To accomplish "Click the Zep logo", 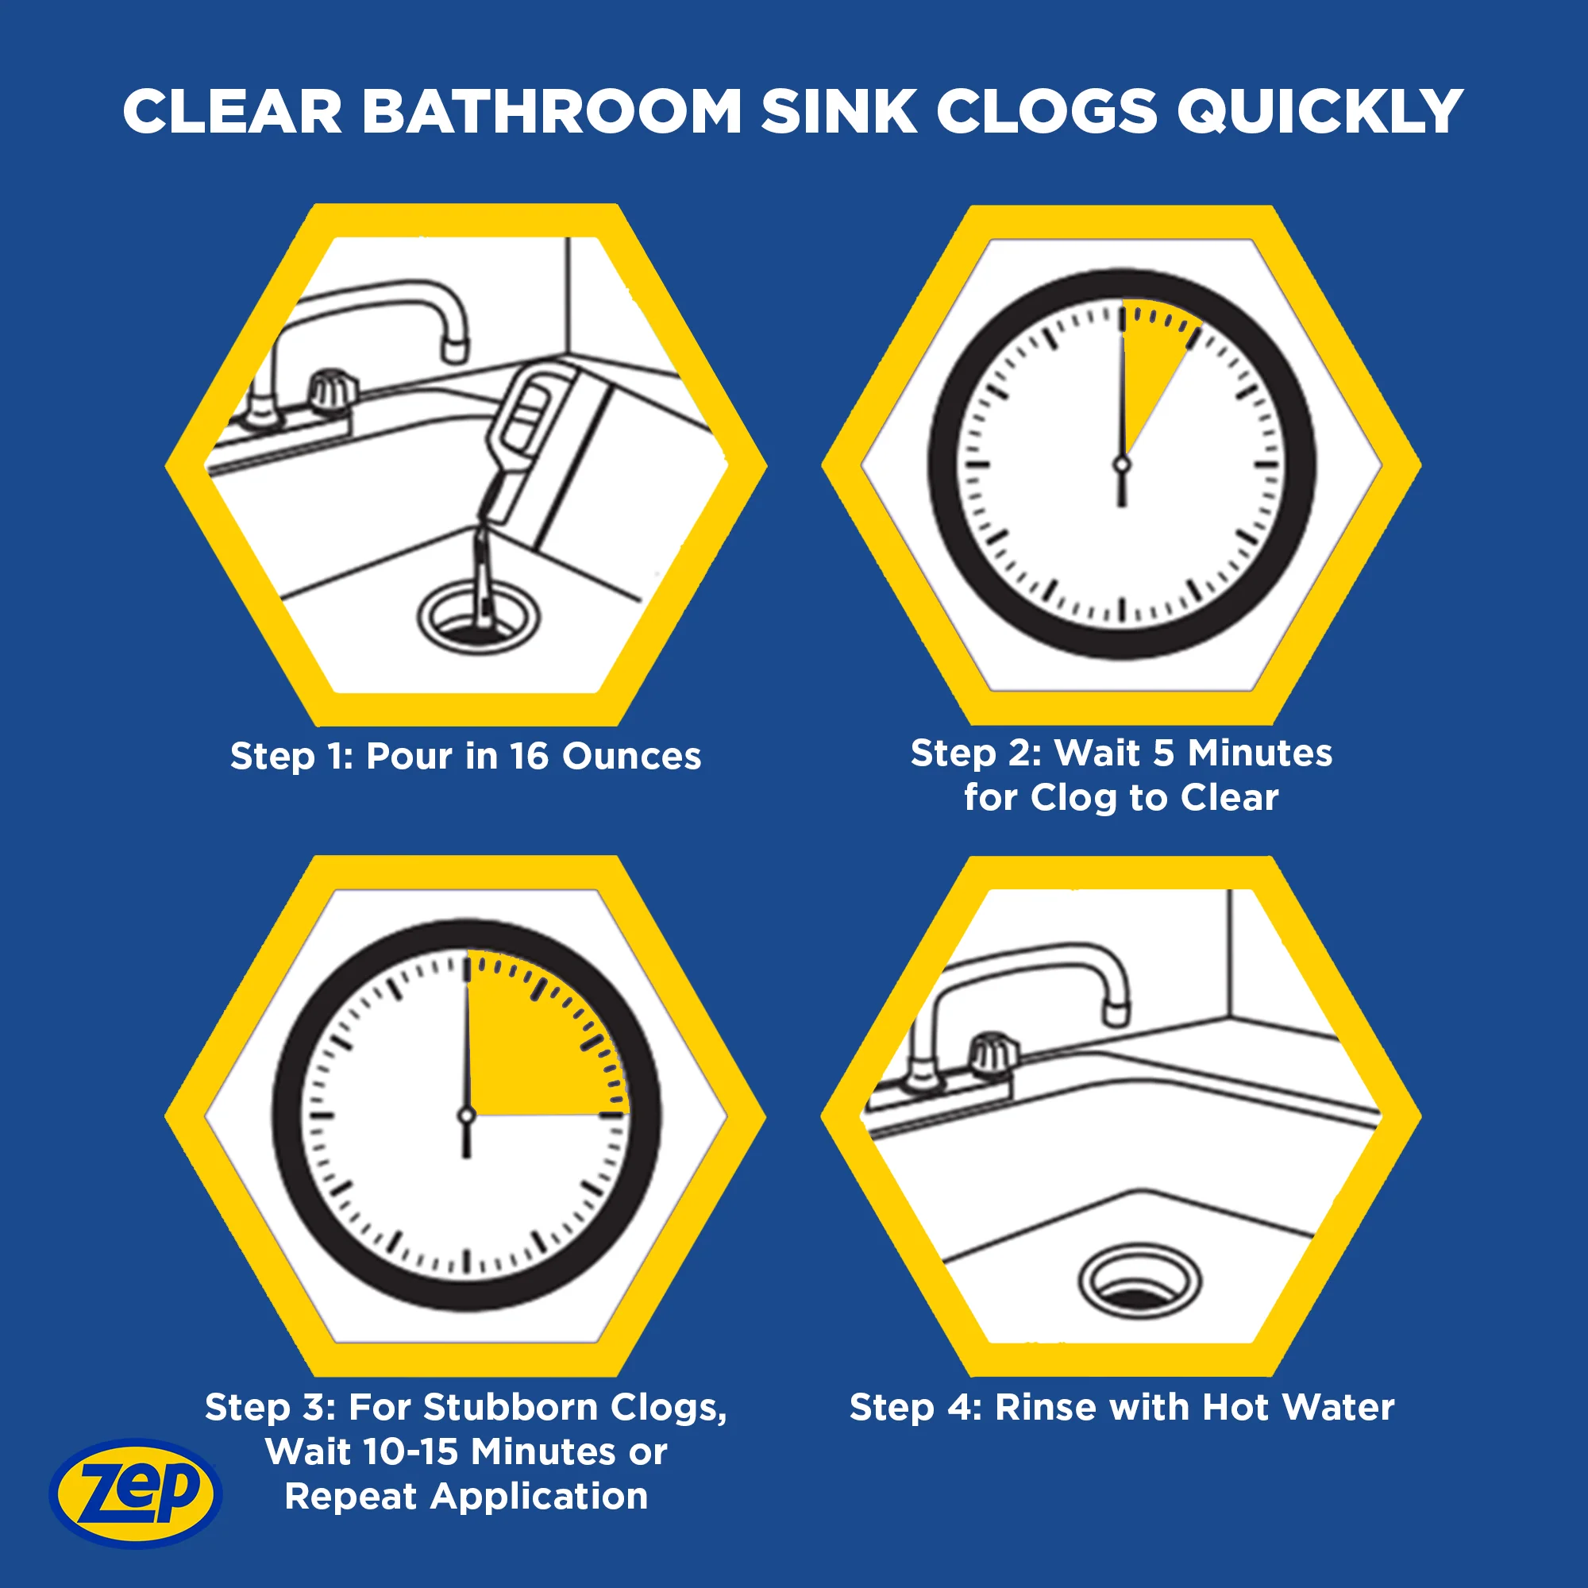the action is coord(136,1492).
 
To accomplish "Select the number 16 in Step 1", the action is coord(530,756).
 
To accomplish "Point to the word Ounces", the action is coord(631,756).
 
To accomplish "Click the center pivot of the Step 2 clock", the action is coord(1122,465).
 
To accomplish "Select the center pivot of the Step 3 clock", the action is coord(467,1116).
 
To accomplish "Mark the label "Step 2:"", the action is coord(977,753).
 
